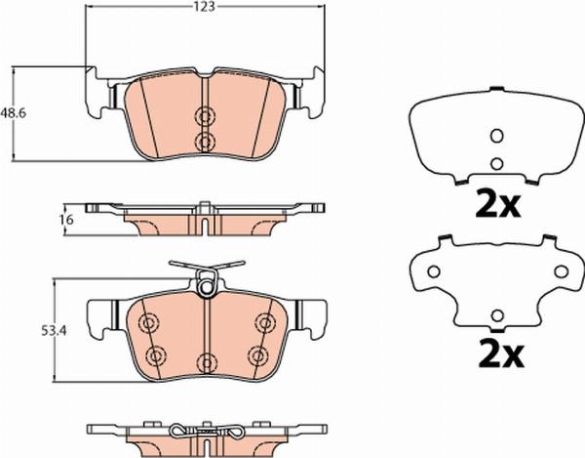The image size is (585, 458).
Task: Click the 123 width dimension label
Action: pos(205,7)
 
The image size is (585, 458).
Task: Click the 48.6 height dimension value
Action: pos(13,112)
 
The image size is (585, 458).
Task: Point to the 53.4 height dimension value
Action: pos(54,331)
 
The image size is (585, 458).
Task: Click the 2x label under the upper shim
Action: pos(497,203)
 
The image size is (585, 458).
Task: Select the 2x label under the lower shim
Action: pos(501,353)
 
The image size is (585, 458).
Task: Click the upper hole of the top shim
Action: pos(496,136)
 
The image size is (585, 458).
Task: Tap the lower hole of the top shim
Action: pos(496,164)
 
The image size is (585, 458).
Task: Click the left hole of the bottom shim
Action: pos(434,271)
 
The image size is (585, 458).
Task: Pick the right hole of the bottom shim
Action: pos(562,271)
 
